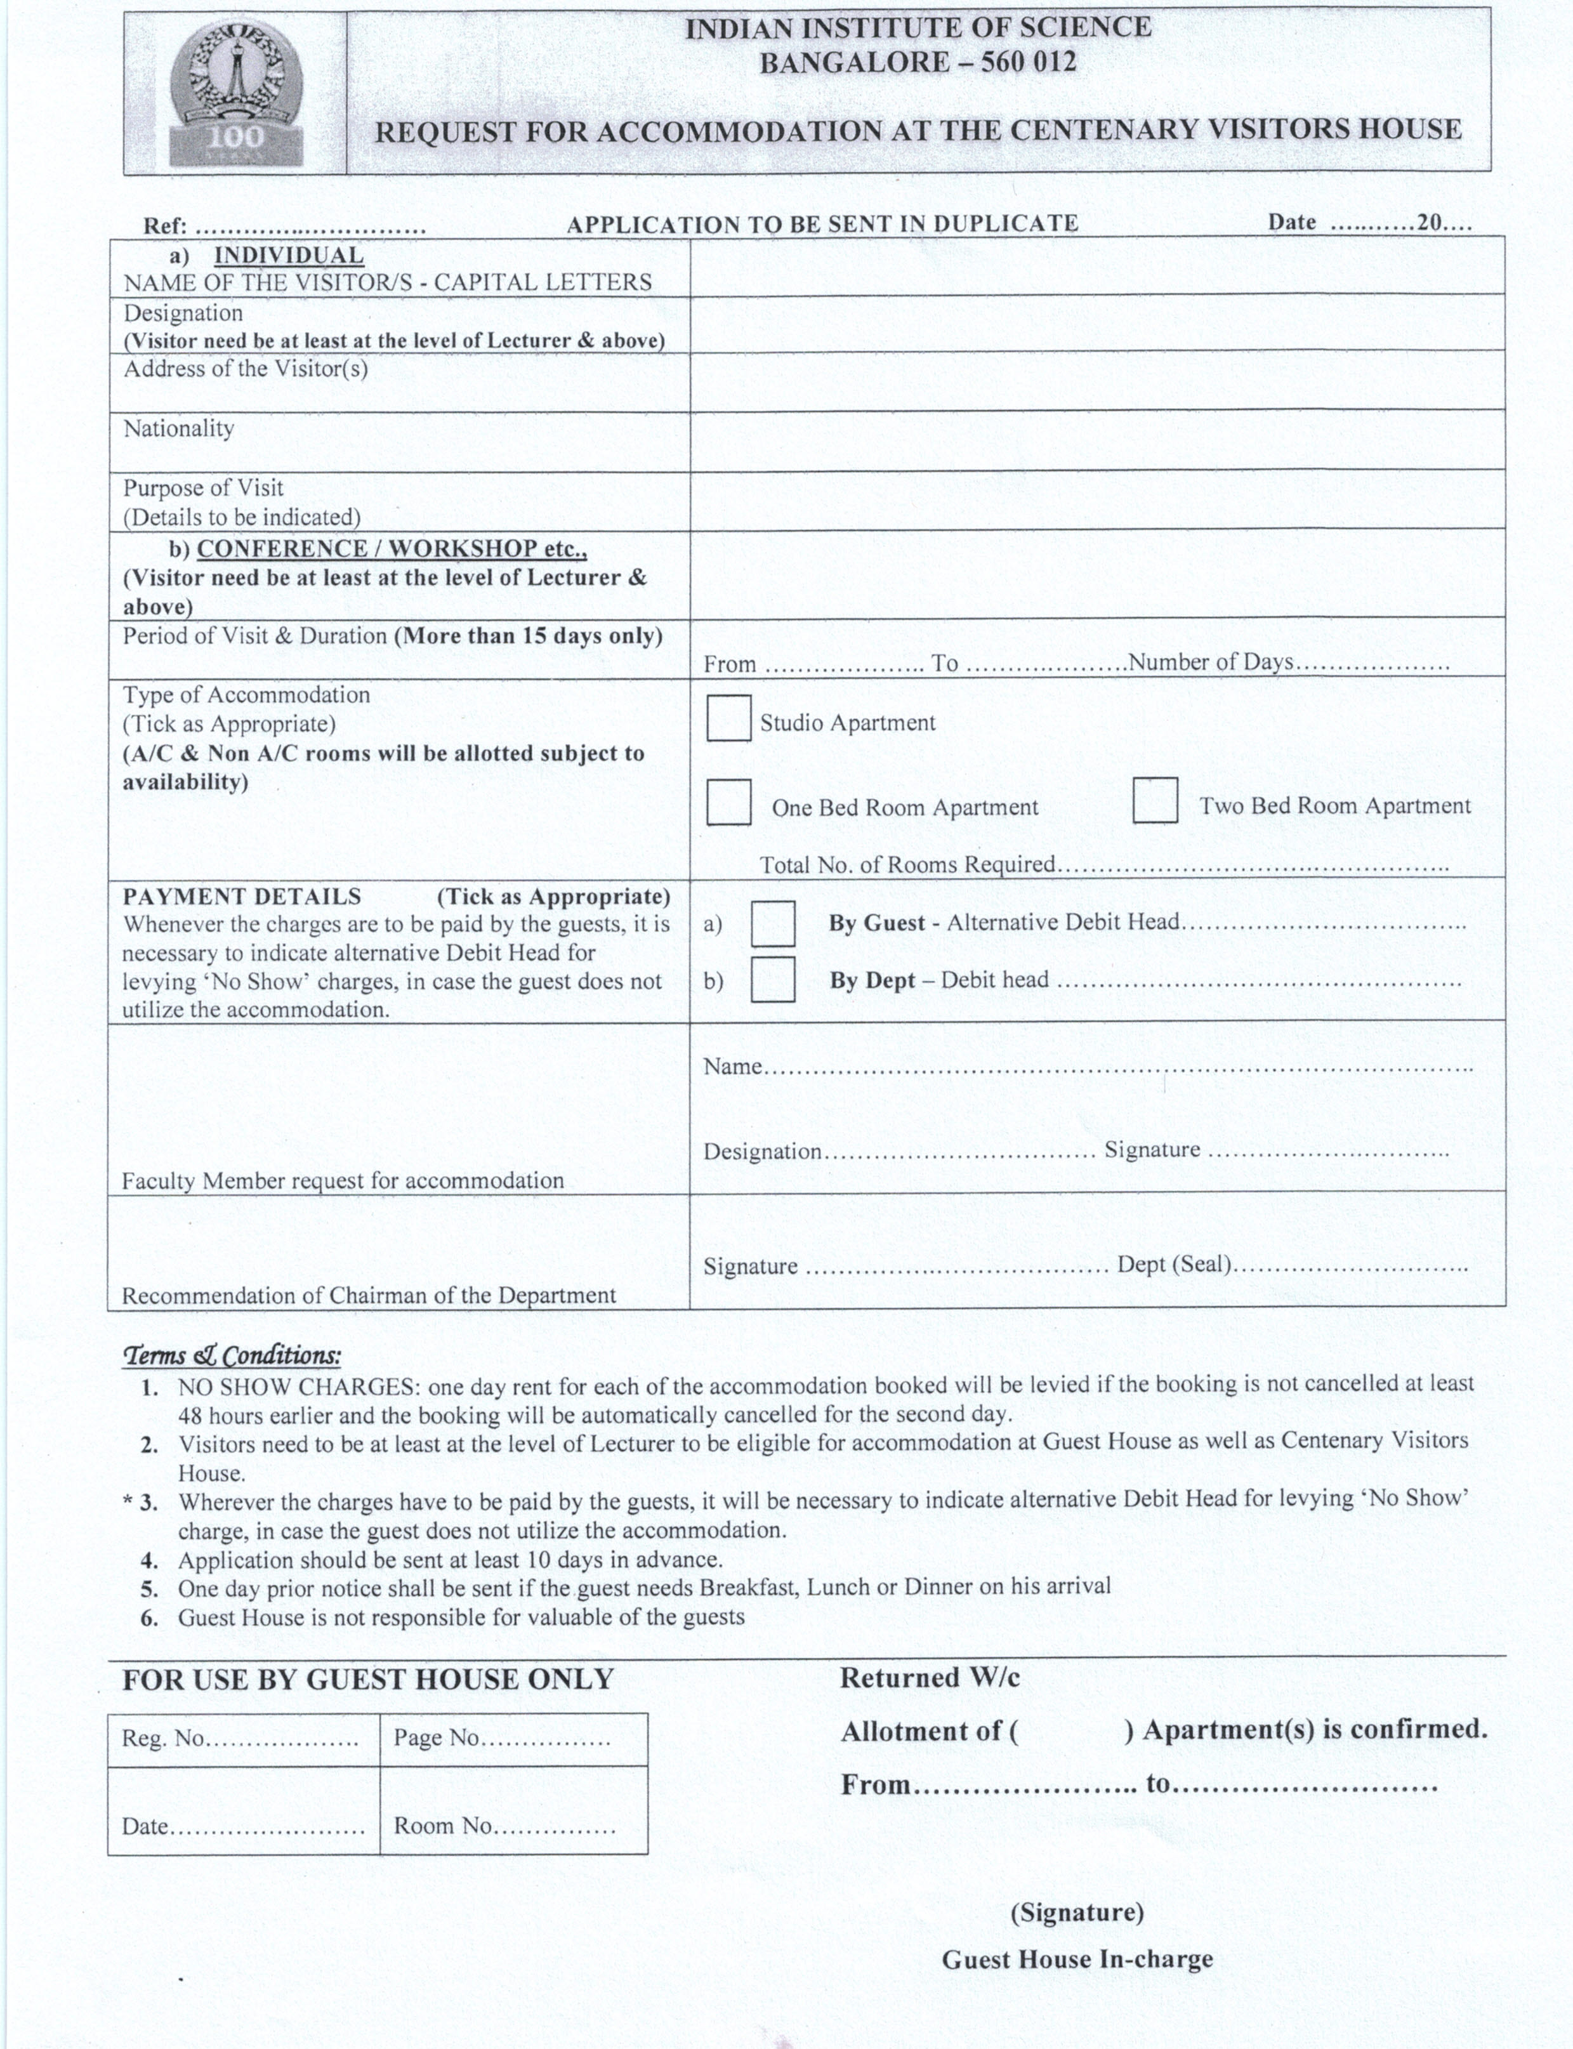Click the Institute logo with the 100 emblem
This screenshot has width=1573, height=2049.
[236, 95]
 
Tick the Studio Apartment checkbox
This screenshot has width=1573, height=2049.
[728, 718]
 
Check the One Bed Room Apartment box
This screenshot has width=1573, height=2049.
[728, 803]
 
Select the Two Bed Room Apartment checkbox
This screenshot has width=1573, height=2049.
[1154, 801]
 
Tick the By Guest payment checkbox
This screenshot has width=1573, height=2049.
[773, 923]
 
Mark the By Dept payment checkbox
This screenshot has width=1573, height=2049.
[773, 980]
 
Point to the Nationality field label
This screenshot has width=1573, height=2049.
[179, 429]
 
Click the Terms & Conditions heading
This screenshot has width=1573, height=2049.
[232, 1355]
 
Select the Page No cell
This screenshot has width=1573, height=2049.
[513, 1739]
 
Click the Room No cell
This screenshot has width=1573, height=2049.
[513, 1825]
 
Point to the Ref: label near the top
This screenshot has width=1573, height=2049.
[165, 227]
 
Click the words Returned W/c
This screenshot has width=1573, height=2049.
[929, 1678]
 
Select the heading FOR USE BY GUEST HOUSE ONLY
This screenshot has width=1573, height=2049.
[368, 1679]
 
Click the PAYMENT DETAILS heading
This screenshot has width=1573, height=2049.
[242, 896]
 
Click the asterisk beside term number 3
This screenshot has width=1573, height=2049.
[128, 1502]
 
